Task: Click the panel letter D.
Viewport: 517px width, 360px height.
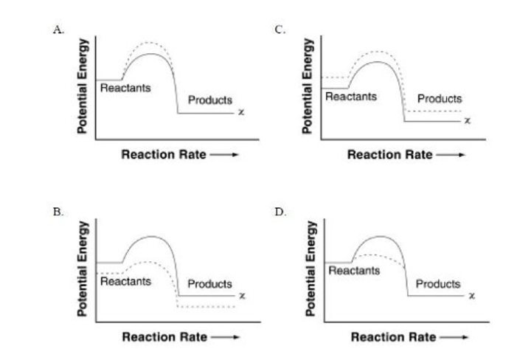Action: tap(280, 211)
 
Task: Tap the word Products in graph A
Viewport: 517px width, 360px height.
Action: tap(210, 100)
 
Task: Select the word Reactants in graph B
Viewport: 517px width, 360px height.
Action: tap(125, 281)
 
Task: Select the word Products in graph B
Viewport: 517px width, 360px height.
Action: tap(209, 284)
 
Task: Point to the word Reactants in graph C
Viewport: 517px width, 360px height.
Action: tap(351, 96)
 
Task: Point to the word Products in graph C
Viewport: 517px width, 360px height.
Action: tap(440, 98)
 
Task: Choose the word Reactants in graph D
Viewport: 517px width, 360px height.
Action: tap(354, 271)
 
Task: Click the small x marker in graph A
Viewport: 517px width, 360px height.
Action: tap(241, 113)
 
